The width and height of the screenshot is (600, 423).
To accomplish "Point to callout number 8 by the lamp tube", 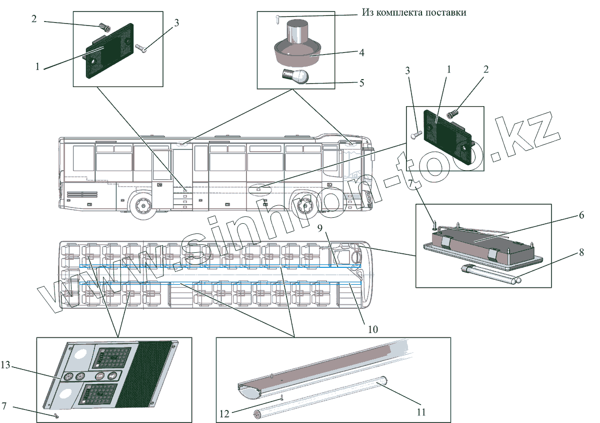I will [x=581, y=253].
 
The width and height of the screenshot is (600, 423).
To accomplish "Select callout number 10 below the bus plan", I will [x=372, y=329].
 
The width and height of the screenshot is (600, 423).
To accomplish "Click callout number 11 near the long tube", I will [x=421, y=412].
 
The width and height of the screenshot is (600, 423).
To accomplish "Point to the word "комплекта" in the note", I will [x=401, y=12].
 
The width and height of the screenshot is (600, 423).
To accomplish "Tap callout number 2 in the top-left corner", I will [x=34, y=19].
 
